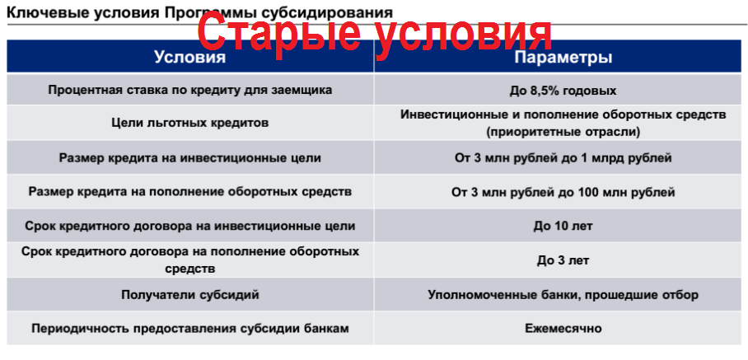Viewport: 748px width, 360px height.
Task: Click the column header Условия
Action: click(x=189, y=57)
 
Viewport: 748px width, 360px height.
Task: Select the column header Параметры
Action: click(x=563, y=58)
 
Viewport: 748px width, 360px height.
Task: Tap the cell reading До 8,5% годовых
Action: click(x=563, y=90)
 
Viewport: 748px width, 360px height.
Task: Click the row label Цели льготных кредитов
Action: click(x=189, y=123)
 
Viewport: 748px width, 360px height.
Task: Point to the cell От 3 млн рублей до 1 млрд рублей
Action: click(x=563, y=158)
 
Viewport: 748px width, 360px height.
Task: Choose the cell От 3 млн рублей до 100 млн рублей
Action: click(x=563, y=193)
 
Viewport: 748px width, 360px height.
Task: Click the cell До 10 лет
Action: click(x=563, y=226)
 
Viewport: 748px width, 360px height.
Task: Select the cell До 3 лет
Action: click(x=563, y=261)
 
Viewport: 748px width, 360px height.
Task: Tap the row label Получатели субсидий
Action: click(x=189, y=295)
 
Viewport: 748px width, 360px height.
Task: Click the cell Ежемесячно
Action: click(x=563, y=329)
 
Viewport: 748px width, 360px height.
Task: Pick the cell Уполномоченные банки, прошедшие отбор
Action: click(x=563, y=295)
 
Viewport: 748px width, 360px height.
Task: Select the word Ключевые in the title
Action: click(x=39, y=12)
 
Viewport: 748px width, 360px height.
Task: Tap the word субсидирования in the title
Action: click(x=328, y=13)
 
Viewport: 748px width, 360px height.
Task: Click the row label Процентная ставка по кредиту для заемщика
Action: click(x=189, y=90)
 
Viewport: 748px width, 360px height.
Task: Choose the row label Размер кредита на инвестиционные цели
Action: click(x=189, y=158)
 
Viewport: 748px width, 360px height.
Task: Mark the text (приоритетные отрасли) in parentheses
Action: click(x=563, y=132)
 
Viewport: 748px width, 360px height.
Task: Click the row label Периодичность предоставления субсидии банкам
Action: click(x=189, y=329)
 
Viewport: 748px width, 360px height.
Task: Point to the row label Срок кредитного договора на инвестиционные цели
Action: click(x=189, y=226)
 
